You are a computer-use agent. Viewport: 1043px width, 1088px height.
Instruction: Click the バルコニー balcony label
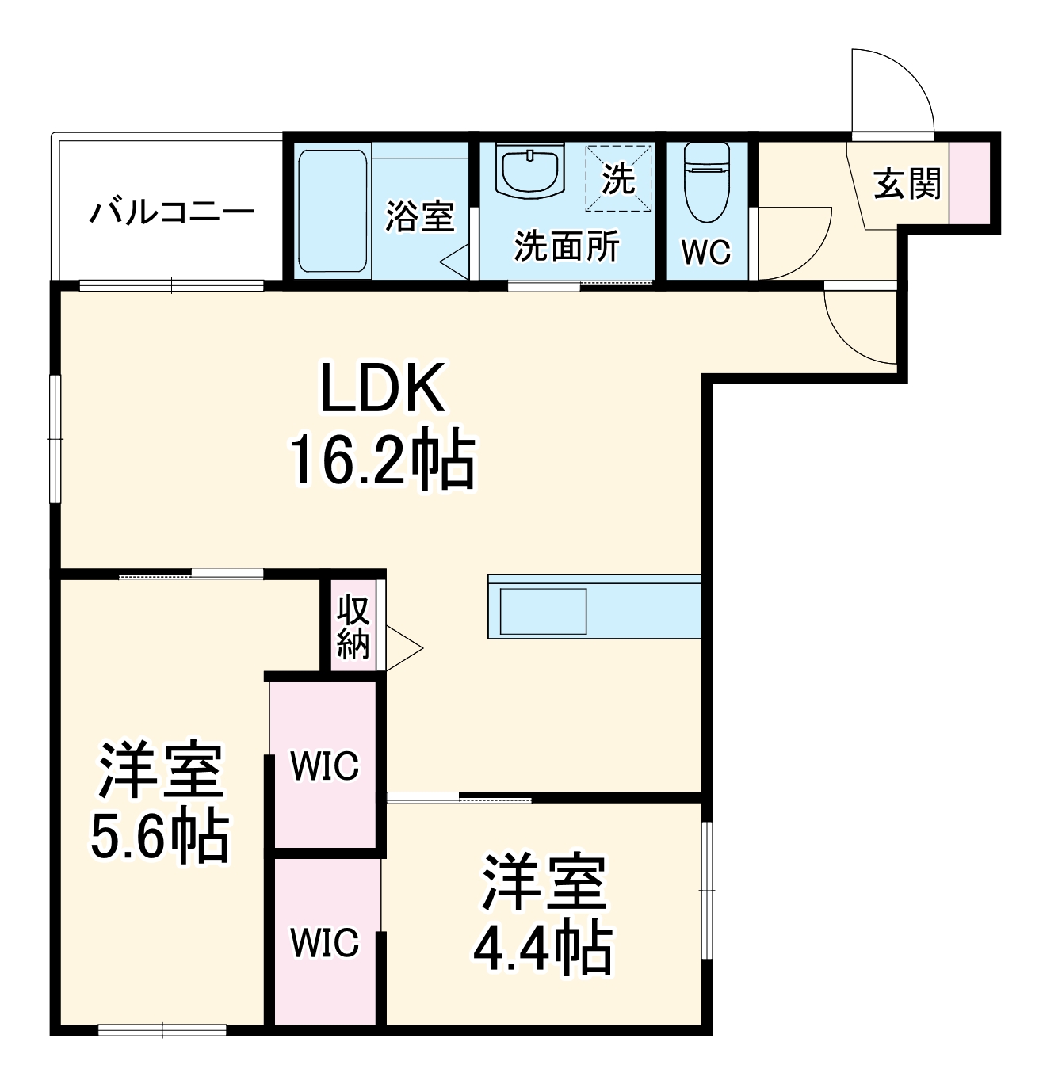point(171,212)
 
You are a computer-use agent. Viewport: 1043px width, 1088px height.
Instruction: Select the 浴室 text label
point(419,216)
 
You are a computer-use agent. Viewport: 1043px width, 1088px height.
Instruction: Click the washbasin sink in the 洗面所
point(529,170)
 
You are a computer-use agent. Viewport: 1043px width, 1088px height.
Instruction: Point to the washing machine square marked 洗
point(619,179)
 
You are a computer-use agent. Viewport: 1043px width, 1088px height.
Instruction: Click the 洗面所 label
point(567,247)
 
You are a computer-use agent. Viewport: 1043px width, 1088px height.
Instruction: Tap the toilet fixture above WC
point(706,181)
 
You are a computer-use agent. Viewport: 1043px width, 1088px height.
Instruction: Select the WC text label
point(706,252)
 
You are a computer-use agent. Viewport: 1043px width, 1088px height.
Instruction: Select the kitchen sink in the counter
point(543,611)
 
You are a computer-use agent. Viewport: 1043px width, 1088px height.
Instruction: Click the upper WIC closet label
point(324,765)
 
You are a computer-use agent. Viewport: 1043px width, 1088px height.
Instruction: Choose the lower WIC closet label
point(324,943)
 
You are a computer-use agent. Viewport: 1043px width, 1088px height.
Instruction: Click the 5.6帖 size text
point(159,837)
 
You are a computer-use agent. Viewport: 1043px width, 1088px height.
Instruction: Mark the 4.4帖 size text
point(543,948)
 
